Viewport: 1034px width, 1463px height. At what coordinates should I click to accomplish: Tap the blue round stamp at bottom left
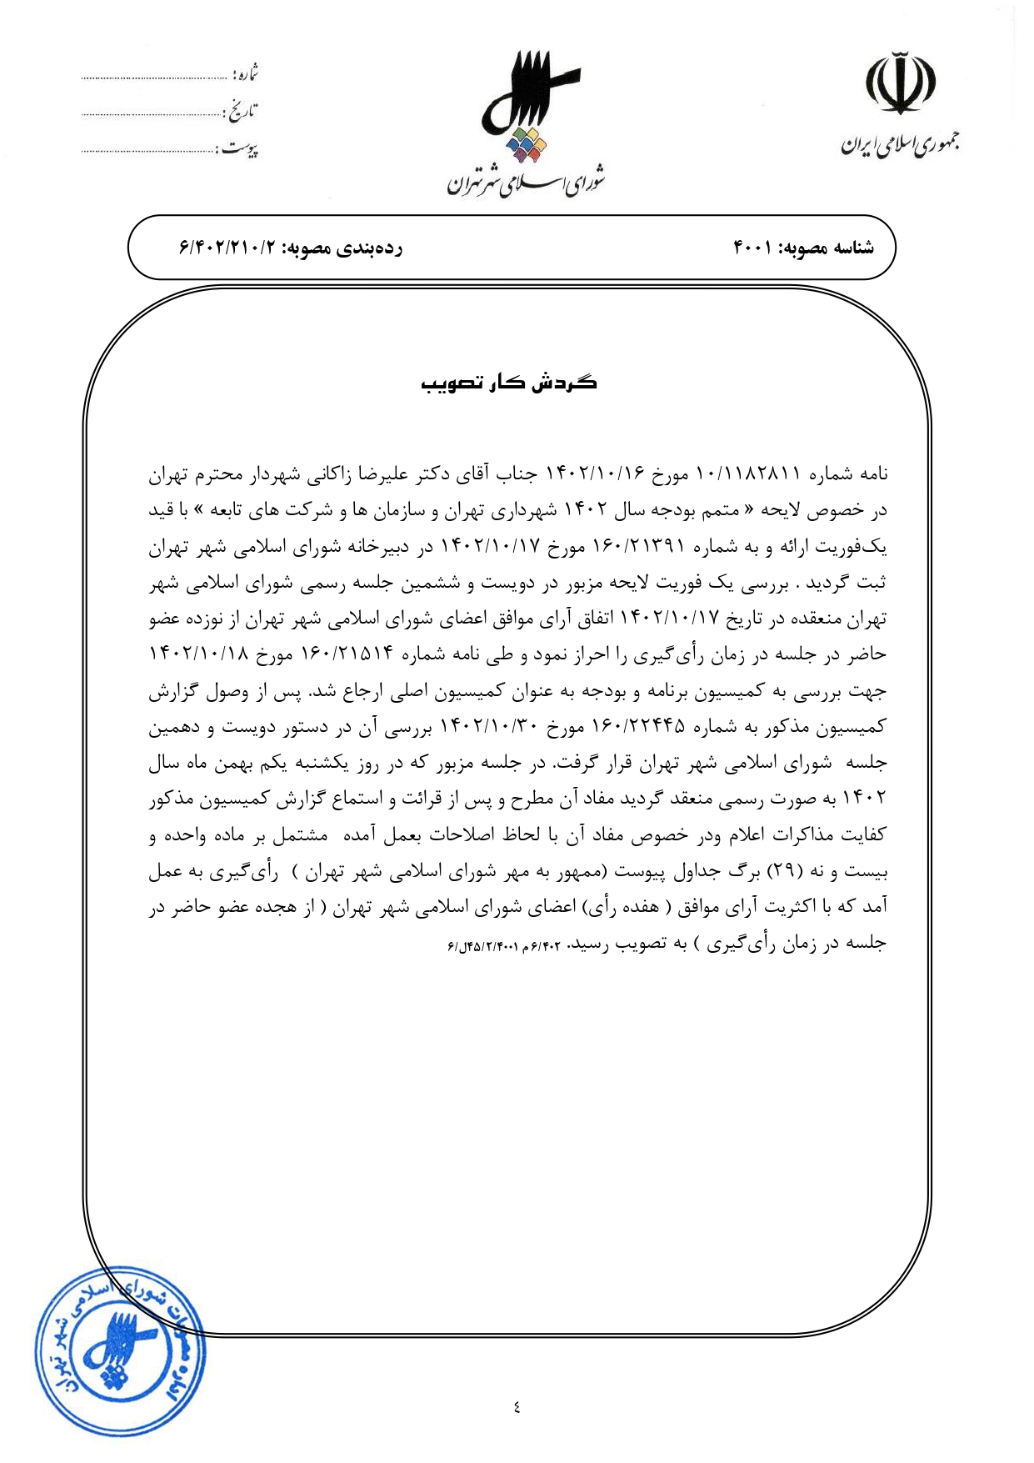[x=119, y=1350]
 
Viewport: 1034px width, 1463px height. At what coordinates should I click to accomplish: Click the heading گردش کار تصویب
[x=508, y=383]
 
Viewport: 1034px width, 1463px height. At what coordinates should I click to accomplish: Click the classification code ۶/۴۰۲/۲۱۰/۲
[x=227, y=248]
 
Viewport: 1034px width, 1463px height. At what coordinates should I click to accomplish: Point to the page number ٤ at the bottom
[x=517, y=1408]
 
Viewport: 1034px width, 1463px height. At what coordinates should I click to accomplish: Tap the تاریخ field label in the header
[x=241, y=111]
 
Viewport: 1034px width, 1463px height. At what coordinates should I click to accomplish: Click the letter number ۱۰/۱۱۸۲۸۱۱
[x=747, y=474]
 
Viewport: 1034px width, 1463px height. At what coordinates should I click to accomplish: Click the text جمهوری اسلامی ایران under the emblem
[x=900, y=144]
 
